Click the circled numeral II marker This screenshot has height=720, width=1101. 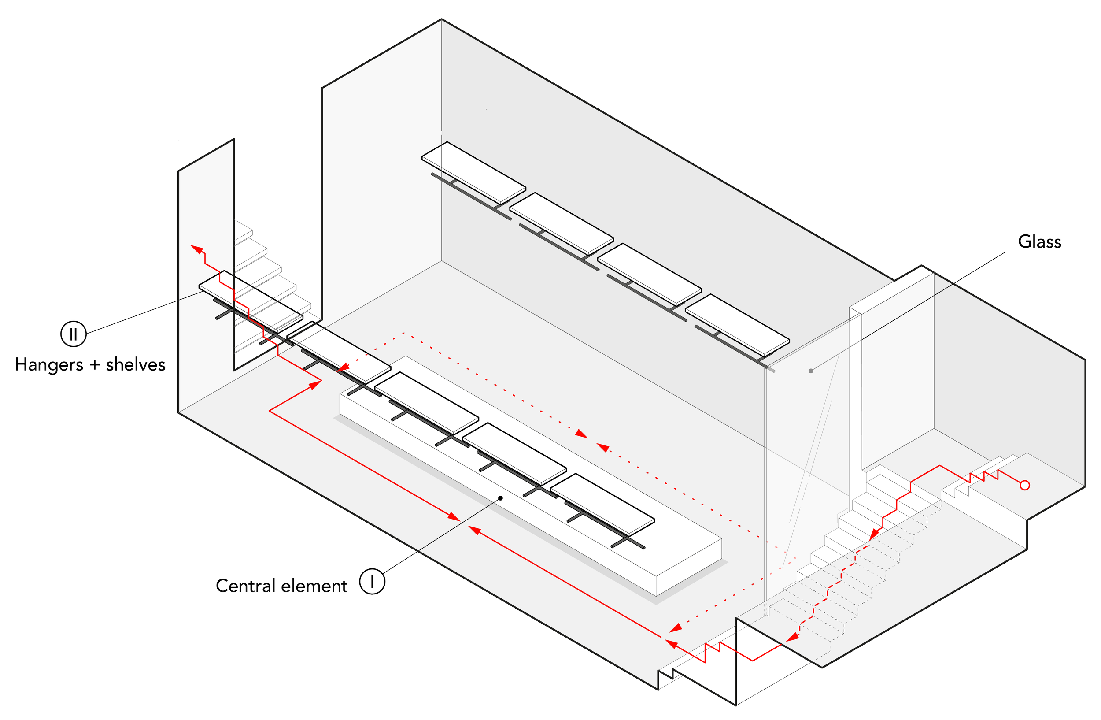73,334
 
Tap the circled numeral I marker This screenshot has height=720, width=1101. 373,581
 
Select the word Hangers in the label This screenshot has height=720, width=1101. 49,366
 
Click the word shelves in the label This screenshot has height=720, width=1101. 136,366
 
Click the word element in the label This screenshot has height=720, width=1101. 314,587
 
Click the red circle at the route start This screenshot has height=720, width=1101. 1025,486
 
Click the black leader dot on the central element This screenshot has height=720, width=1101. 500,498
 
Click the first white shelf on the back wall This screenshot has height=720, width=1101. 474,172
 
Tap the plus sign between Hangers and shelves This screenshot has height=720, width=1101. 94,366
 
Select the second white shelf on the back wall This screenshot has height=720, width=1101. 562,223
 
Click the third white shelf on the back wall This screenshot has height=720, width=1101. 650,274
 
